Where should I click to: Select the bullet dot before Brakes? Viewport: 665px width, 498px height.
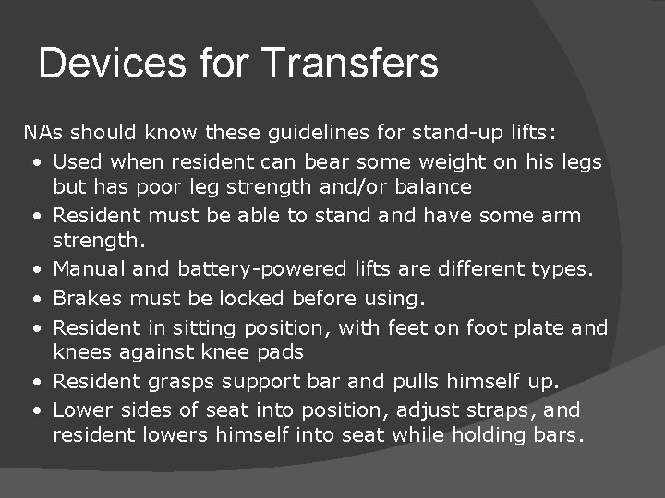pyautogui.click(x=33, y=299)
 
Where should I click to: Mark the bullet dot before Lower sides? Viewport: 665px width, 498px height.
pyautogui.click(x=33, y=410)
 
